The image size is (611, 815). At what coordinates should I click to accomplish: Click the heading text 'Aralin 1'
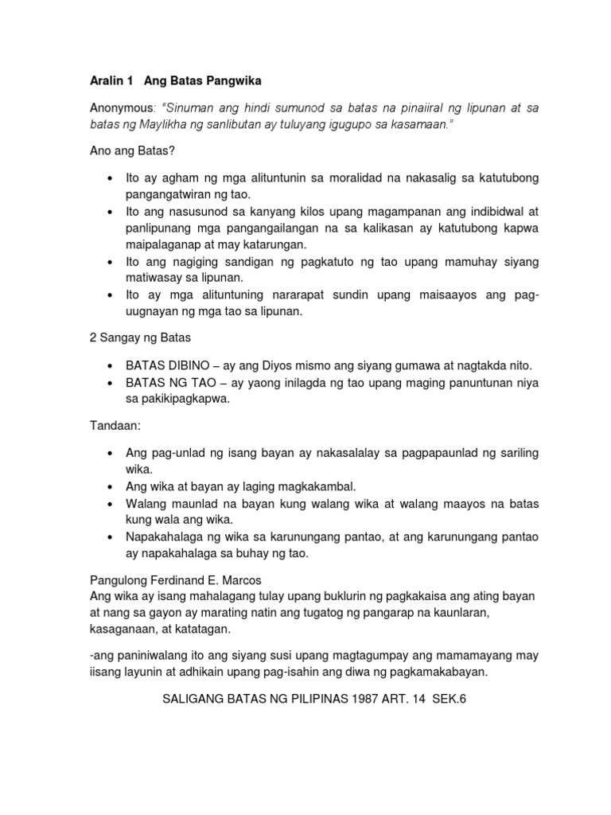[x=111, y=81]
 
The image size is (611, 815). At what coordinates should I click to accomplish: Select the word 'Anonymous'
[x=121, y=107]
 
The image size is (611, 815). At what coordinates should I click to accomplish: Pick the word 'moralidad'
[x=348, y=178]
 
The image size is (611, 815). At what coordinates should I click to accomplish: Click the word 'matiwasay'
[x=154, y=278]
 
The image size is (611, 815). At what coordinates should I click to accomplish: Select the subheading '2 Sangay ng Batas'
[x=134, y=338]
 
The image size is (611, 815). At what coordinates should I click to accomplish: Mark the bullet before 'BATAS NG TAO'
[x=108, y=383]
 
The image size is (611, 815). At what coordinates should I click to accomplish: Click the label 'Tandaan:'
[x=115, y=426]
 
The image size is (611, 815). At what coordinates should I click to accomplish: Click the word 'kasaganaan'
[x=123, y=629]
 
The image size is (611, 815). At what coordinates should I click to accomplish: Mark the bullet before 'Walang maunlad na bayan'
[x=108, y=503]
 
